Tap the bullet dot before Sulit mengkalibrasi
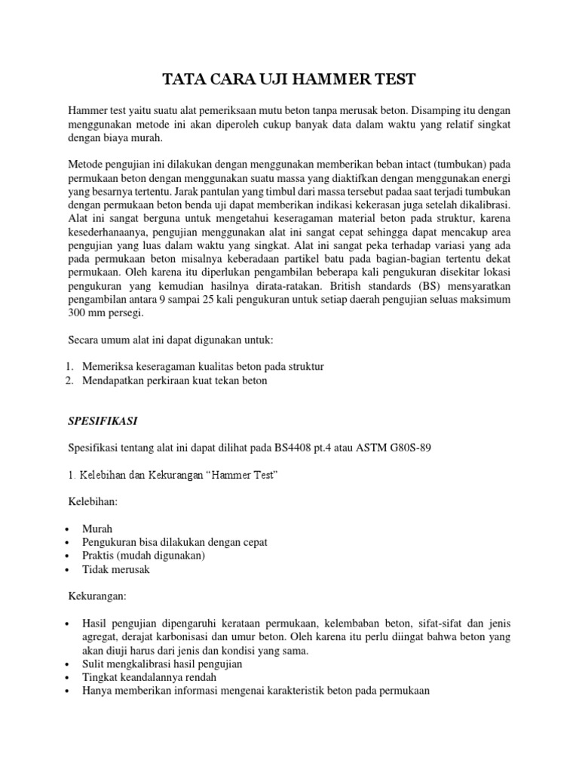pos(68,664)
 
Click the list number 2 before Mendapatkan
pos(67,381)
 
